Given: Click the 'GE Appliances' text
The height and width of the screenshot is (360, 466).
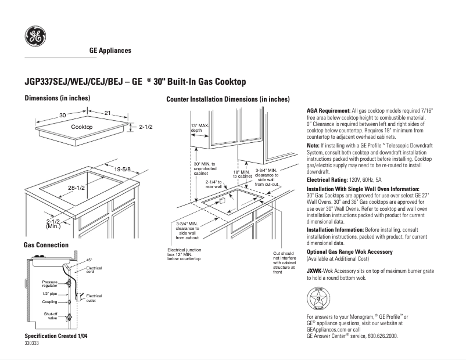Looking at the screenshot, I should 110,51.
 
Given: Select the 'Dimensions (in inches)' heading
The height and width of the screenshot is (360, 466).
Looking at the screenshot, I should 57,98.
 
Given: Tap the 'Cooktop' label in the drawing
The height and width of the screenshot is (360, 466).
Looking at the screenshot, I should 81,127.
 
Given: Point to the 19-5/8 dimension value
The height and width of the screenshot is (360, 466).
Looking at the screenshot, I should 123,169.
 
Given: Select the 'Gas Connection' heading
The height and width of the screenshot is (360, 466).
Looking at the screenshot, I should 46,245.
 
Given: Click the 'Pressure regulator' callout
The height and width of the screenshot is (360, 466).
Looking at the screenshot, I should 49,284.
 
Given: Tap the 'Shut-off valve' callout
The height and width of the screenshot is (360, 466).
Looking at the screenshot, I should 51,316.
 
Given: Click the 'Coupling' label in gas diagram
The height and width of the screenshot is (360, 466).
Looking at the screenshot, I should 49,301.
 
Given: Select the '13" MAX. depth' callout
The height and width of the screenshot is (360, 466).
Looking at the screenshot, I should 200,128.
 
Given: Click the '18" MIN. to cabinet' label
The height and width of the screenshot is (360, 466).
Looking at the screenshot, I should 242,174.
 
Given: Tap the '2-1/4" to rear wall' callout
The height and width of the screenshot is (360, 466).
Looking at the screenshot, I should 213,184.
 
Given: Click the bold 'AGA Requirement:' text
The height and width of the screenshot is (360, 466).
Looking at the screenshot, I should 328,110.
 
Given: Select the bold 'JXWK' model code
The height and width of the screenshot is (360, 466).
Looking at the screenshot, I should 314,271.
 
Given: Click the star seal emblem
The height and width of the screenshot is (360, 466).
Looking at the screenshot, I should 318,298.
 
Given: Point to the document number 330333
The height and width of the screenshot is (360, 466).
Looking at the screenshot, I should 32,344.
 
